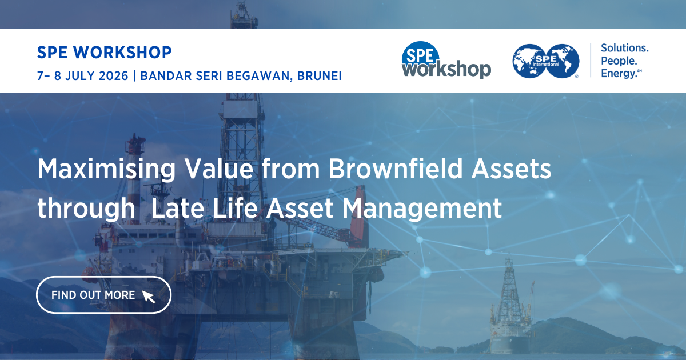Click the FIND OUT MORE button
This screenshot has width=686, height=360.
tap(103, 295)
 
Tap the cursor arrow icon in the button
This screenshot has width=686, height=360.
tap(149, 296)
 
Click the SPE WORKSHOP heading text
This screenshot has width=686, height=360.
tap(104, 53)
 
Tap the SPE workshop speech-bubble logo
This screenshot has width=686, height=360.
tap(446, 61)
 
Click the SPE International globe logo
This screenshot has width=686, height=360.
tap(545, 61)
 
